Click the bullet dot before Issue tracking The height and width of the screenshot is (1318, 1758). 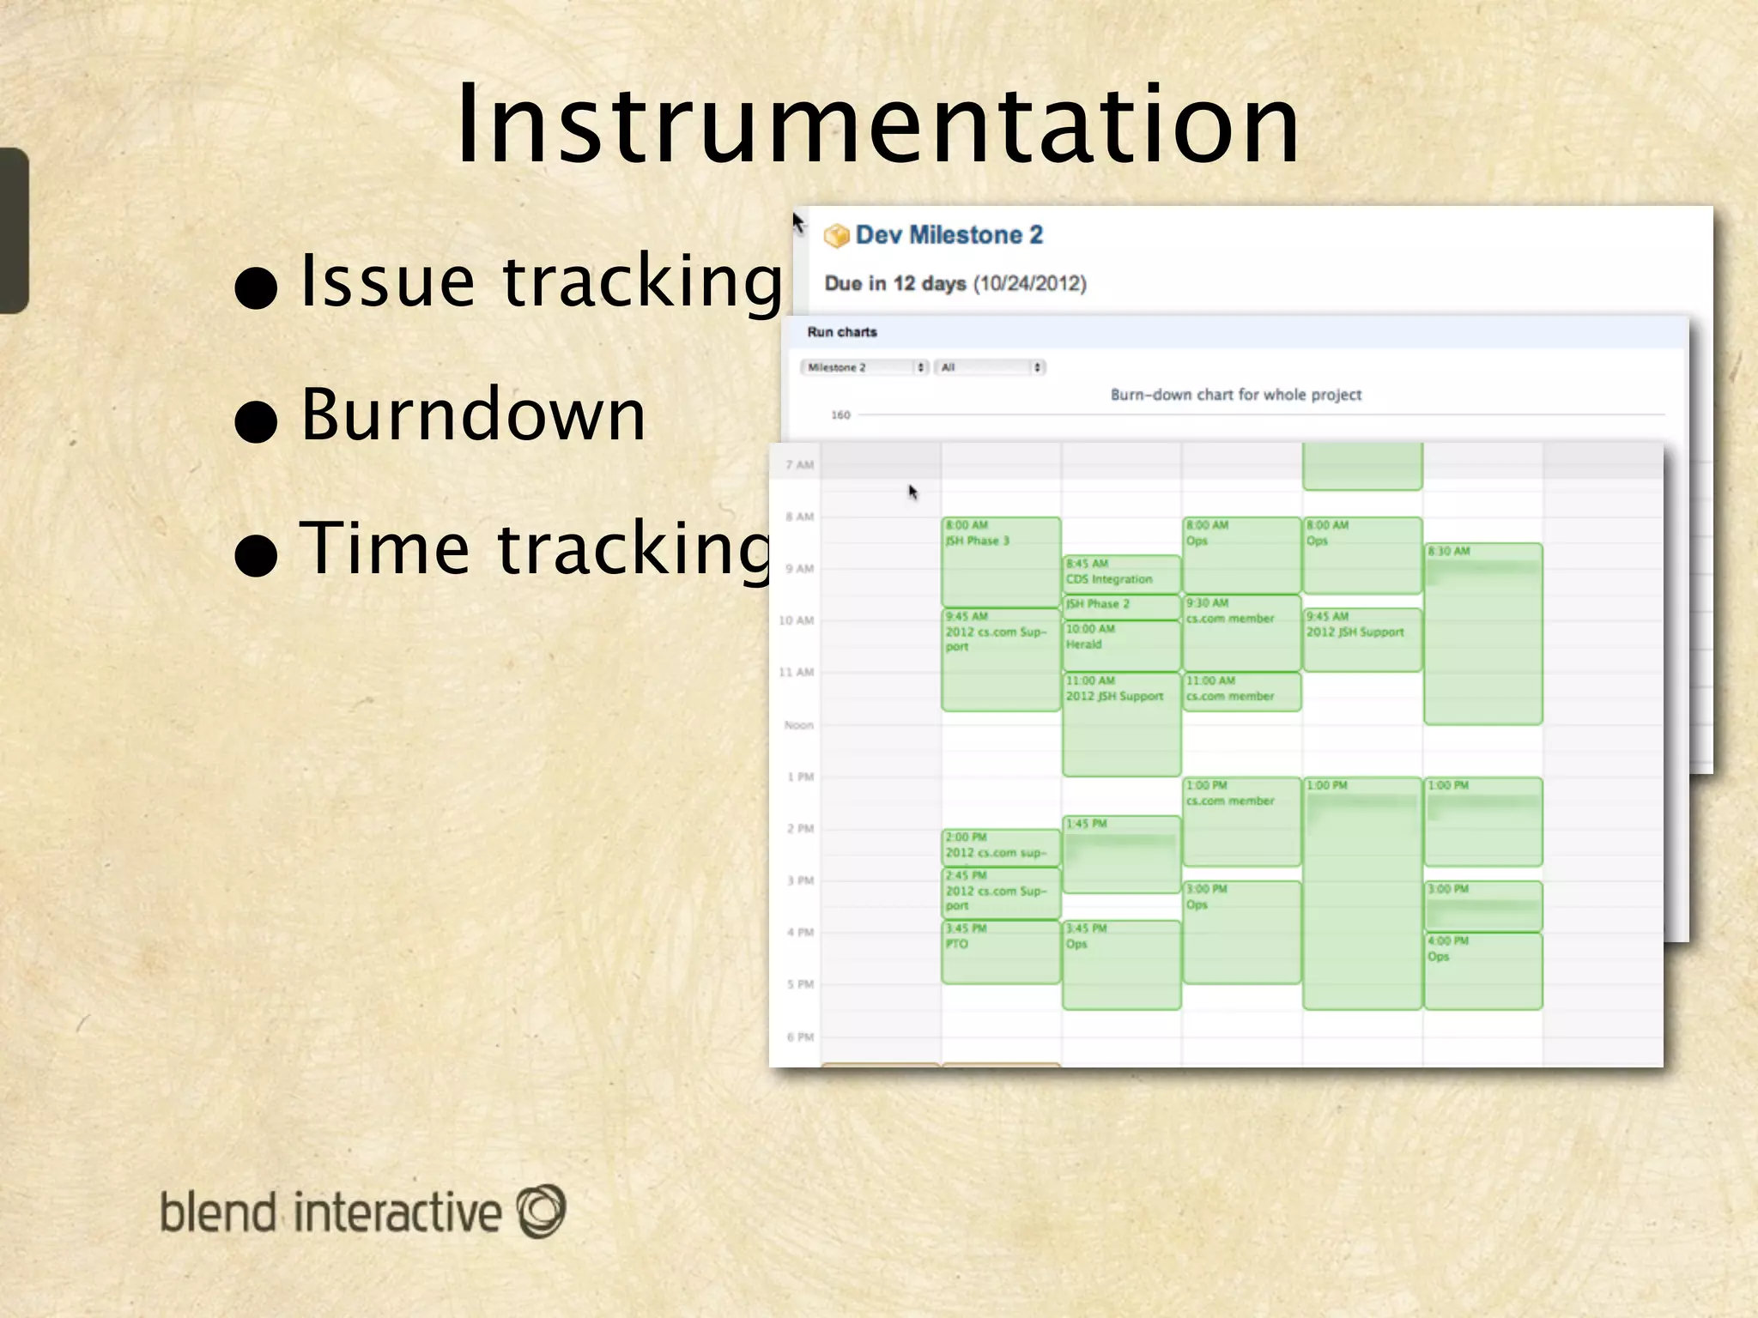click(256, 288)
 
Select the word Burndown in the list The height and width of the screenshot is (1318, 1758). click(473, 414)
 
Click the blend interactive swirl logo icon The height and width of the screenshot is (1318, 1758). click(541, 1211)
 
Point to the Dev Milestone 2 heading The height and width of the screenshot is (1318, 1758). click(949, 235)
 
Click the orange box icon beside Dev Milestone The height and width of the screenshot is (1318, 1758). click(835, 236)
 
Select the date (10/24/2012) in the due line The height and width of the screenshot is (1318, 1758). click(1029, 284)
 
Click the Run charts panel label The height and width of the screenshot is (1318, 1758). click(841, 332)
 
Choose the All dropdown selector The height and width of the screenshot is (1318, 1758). click(989, 367)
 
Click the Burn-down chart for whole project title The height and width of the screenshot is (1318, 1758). click(1235, 395)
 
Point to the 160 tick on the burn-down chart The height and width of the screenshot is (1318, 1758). click(840, 415)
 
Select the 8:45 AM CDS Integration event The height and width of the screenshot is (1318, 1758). click(1120, 572)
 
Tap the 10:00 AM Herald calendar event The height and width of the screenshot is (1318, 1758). click(1120, 644)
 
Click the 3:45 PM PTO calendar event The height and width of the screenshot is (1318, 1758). click(1000, 951)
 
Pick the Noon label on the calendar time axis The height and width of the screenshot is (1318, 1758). click(798, 725)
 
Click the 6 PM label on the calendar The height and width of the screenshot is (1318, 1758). click(799, 1037)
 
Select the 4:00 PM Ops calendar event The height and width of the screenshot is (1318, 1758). click(1482, 970)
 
